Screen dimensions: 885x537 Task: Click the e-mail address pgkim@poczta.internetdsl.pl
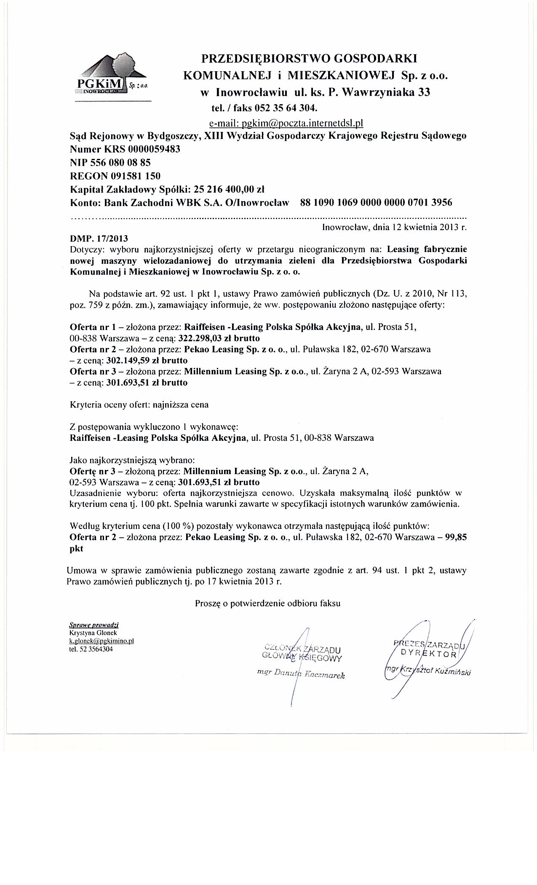pos(286,123)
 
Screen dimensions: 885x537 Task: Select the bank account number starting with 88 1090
pos(376,202)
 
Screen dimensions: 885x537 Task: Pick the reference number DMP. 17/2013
pos(99,239)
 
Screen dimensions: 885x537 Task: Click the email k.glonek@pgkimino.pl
pos(102,641)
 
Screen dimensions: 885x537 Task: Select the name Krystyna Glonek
pos(93,633)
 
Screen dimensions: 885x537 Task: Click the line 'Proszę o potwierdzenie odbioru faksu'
pos(267,603)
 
